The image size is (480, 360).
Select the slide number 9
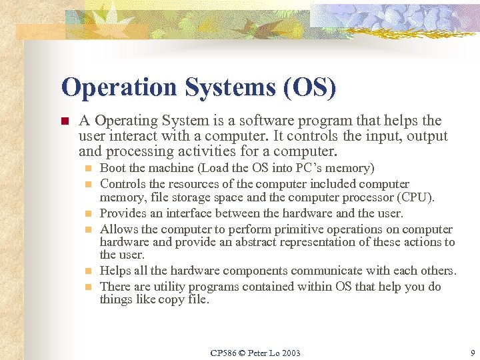coord(472,352)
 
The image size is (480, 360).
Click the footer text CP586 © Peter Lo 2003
coord(255,352)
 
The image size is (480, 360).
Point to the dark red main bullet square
coord(65,122)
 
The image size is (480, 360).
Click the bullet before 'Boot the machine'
coord(89,168)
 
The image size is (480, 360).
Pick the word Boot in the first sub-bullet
coord(112,168)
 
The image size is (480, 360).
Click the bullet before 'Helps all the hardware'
coord(89,271)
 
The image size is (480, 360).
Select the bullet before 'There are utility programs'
coord(89,287)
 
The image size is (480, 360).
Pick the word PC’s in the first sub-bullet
coord(308,168)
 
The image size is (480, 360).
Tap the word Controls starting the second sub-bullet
coord(123,184)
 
